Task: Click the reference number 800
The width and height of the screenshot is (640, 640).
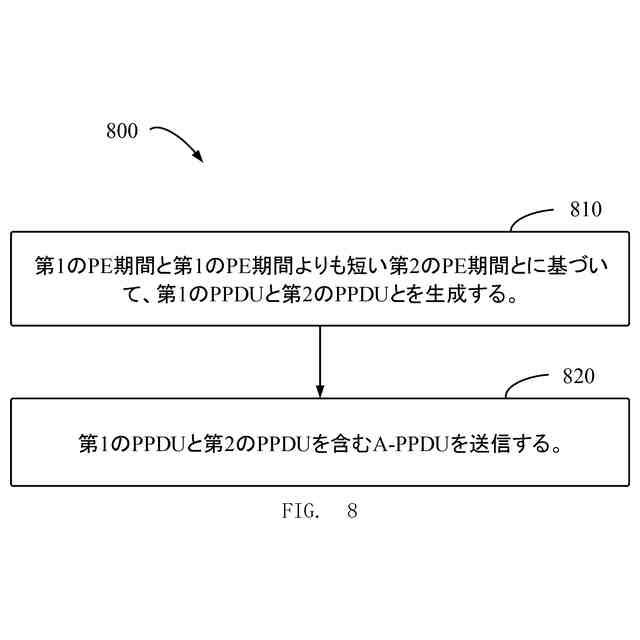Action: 121,132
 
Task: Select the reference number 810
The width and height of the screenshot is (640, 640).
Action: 585,210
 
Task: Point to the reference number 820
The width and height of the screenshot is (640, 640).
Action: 578,377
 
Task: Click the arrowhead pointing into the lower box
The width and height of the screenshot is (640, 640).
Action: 320,390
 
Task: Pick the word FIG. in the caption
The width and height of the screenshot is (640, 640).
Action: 298,511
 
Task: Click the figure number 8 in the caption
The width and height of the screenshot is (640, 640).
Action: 352,511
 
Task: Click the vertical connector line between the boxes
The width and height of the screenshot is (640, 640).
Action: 320,355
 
